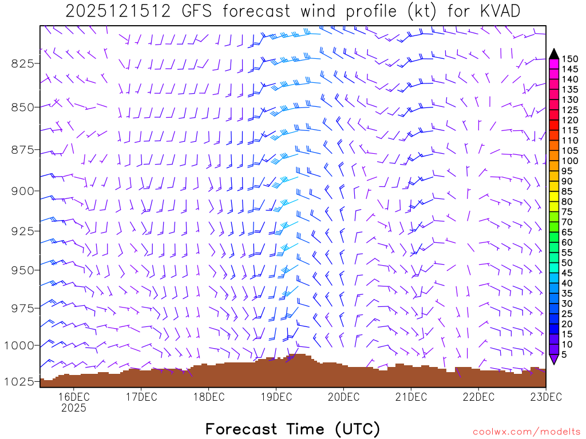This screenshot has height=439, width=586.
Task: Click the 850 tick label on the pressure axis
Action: coord(23,107)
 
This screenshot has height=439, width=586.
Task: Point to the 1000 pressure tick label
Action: coord(19,345)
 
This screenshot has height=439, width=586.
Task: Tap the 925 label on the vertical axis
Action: coord(23,231)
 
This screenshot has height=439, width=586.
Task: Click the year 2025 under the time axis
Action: coord(73,408)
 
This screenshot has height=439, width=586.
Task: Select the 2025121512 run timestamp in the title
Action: coord(118,11)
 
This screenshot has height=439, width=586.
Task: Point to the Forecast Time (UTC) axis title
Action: coord(292,429)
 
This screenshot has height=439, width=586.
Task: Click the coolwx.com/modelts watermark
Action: coord(526,432)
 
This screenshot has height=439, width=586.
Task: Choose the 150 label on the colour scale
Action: coord(569,59)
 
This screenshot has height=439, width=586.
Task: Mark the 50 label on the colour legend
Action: coord(567,263)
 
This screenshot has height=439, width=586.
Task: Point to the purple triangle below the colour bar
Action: coord(554,359)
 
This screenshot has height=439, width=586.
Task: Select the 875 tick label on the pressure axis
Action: coord(23,150)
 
